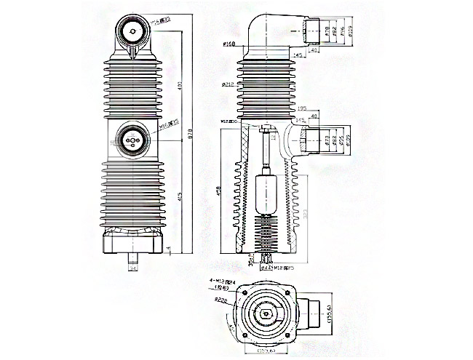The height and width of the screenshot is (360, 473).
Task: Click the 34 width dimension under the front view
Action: (132, 269)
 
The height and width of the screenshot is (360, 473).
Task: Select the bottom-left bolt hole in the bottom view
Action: (243, 337)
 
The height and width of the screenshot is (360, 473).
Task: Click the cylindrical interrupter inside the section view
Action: (266, 191)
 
